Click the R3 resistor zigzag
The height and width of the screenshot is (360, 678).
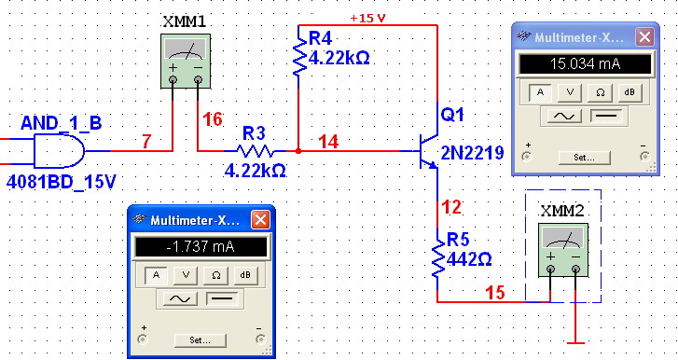coord(256,151)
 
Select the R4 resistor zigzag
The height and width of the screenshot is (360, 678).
coord(299,56)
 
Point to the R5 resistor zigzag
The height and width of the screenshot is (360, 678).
coord(438,258)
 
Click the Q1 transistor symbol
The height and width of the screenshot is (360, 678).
coord(429,151)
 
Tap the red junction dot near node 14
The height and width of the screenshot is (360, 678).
coord(298,151)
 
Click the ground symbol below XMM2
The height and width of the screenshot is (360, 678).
coord(575,342)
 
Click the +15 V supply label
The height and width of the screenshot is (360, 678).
coord(367,18)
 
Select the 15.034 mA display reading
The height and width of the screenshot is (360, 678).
coord(585,64)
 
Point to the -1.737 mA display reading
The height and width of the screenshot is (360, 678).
coord(201,247)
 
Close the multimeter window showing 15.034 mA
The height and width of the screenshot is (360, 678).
coord(644,37)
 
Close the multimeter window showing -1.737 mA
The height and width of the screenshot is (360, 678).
coord(260,220)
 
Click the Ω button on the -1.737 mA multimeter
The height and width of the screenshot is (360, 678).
coord(215,275)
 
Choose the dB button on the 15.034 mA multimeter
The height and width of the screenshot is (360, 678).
coord(630,92)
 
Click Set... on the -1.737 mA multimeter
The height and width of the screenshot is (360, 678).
coord(200,340)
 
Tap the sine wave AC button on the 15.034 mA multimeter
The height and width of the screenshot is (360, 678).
coord(564,116)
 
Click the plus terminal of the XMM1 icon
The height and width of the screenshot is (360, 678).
coord(173,79)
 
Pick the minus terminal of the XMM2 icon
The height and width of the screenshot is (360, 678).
coord(575,270)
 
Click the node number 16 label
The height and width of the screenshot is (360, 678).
coord(213,119)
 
